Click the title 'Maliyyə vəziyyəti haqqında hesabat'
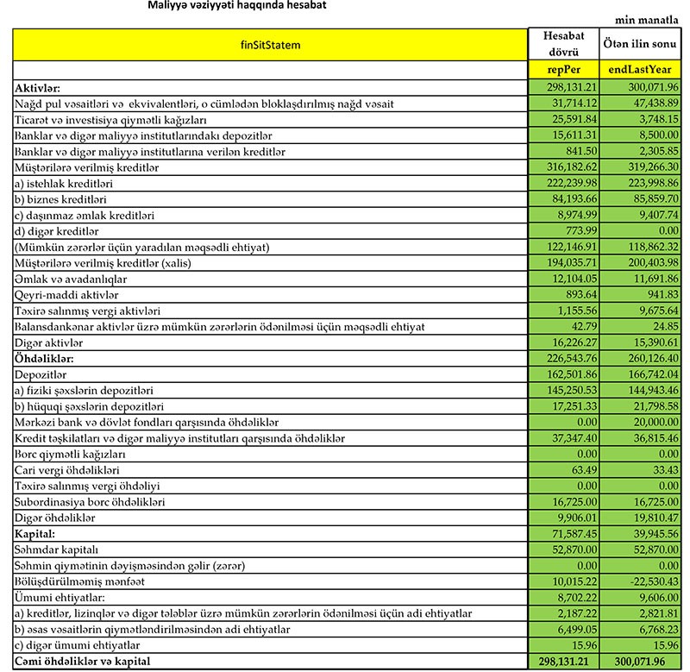click(229, 5)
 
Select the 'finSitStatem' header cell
click(271, 45)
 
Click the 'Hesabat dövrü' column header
click(565, 45)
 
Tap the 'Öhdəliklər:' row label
click(48, 358)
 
